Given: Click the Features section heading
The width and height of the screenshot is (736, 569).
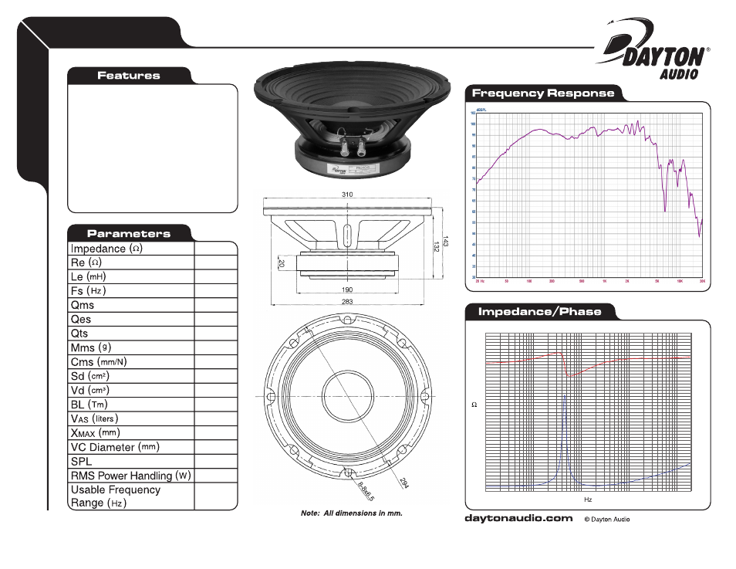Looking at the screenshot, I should click(x=128, y=76).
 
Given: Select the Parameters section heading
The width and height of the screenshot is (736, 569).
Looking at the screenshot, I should click(x=128, y=233).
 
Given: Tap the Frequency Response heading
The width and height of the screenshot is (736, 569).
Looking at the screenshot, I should click(x=542, y=93).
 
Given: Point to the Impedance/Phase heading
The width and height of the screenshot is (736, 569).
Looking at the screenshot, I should click(x=539, y=312).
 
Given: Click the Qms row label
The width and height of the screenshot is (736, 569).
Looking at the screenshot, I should click(x=83, y=305).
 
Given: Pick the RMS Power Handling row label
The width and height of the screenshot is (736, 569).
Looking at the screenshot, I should click(x=130, y=476).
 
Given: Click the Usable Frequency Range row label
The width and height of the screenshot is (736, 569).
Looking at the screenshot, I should click(x=115, y=496).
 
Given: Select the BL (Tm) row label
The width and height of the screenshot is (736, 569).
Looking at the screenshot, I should click(x=89, y=404).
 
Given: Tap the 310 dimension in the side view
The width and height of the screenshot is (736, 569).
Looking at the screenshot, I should click(x=347, y=195).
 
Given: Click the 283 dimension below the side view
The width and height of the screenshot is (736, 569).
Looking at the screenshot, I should click(x=347, y=301).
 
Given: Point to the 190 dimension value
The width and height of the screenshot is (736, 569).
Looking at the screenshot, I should click(x=347, y=290).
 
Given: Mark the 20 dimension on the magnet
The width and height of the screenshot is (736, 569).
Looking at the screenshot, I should click(x=282, y=263).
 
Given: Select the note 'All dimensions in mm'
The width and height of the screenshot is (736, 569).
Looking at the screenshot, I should click(x=352, y=513).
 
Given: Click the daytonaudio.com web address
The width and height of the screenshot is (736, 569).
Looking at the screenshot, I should click(x=518, y=519).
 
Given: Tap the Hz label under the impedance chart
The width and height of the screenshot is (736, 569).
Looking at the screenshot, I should click(x=587, y=500).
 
